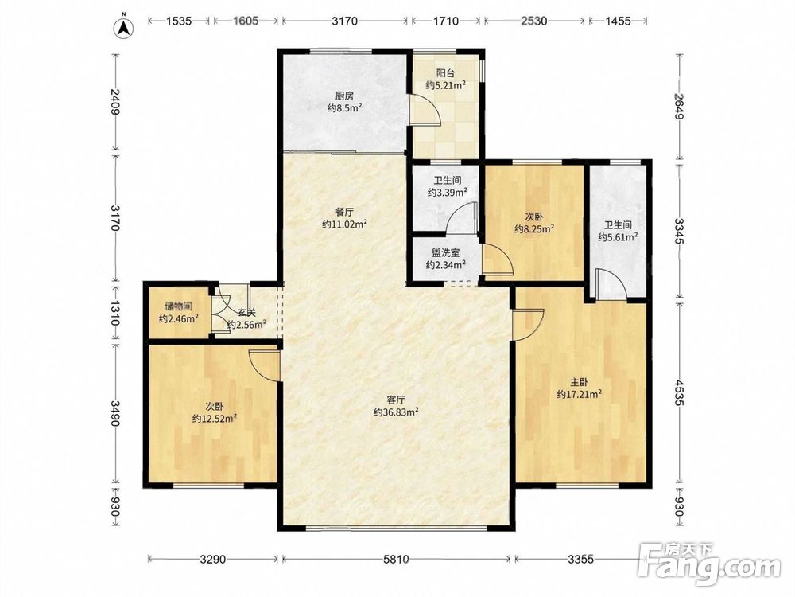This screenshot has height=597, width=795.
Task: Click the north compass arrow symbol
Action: click(123, 27)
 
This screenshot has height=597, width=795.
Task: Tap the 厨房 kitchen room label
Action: click(344, 96)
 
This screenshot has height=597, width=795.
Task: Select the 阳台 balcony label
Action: click(446, 73)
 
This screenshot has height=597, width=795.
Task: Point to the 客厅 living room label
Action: click(396, 400)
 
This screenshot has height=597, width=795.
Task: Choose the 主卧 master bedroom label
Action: click(580, 382)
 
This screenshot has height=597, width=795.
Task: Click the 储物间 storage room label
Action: click(178, 306)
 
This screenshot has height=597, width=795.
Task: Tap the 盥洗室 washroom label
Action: click(446, 252)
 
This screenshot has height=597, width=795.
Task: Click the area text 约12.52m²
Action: click(215, 419)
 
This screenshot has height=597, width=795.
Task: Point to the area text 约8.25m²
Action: click(534, 229)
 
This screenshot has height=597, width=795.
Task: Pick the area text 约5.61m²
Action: click(618, 236)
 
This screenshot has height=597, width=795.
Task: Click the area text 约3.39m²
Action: click(447, 193)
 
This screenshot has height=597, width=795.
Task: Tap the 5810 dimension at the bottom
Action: click(396, 560)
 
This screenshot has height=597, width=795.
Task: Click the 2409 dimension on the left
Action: click(116, 102)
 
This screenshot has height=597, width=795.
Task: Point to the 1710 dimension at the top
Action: click(446, 21)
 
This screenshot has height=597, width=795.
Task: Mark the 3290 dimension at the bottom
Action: click(212, 560)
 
